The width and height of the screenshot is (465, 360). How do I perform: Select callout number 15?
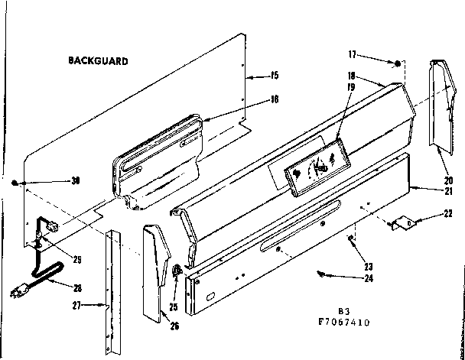point(274,76)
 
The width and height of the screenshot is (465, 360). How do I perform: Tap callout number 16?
point(273,99)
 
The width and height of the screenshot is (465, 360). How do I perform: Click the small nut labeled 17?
point(398,62)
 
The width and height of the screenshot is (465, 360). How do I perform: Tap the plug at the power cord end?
point(17,293)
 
